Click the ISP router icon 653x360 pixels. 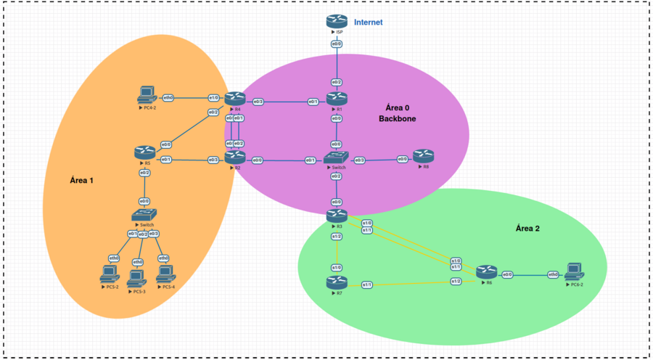(337, 22)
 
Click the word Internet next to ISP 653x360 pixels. (368, 22)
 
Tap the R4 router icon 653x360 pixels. (234, 98)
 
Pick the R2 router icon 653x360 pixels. (234, 156)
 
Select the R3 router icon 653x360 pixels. (337, 215)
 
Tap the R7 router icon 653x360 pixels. (337, 282)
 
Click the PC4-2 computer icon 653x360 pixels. (147, 94)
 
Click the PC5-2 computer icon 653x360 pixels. (110, 274)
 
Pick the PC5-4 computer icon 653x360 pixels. (166, 274)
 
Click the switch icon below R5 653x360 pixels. (144, 215)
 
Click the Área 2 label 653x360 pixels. (527, 228)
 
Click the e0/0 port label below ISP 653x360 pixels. (337, 44)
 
